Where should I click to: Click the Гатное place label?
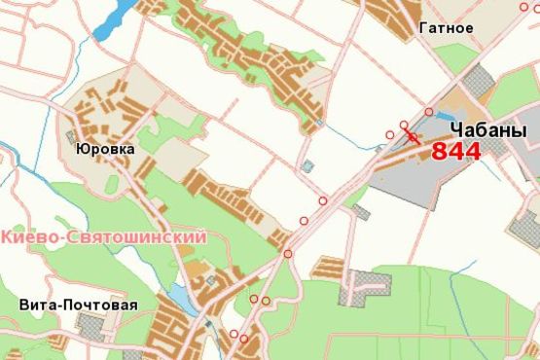pyautogui.click(x=447, y=27)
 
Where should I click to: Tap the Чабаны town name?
pyautogui.click(x=487, y=130)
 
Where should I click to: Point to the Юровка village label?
pyautogui.click(x=104, y=150)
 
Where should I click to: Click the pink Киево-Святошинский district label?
pyautogui.click(x=104, y=236)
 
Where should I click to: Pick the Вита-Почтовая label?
pyautogui.click(x=78, y=305)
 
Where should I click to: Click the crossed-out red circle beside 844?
pyautogui.click(x=414, y=138)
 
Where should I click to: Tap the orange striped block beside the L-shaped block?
pyautogui.click(x=329, y=267)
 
